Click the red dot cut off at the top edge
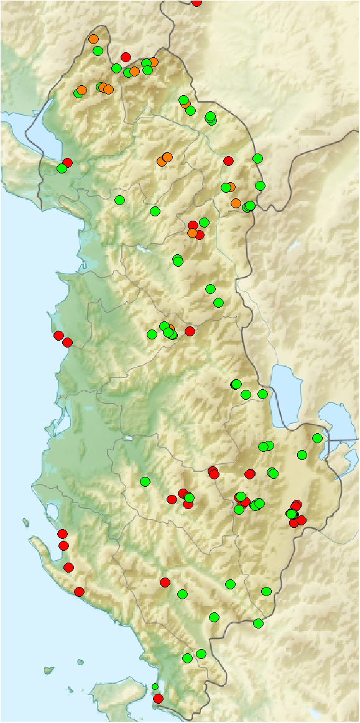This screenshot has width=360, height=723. click(x=196, y=2)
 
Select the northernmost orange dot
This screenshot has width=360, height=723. click(x=93, y=39)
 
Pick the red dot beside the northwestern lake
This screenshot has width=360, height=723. click(x=67, y=162)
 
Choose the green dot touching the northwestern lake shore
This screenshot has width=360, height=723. click(x=62, y=168)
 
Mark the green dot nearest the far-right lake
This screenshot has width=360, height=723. click(x=317, y=438)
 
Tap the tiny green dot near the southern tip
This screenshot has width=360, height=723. click(x=155, y=686)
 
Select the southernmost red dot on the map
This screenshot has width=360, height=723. click(x=158, y=699)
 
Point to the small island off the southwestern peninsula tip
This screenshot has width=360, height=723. click(x=27, y=522)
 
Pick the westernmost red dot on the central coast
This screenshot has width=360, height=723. click(x=58, y=336)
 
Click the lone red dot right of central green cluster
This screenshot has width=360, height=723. click(x=190, y=331)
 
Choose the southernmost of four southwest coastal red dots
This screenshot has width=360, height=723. click(x=79, y=591)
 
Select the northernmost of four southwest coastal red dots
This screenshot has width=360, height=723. click(x=62, y=533)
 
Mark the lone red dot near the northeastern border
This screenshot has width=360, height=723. click(x=228, y=161)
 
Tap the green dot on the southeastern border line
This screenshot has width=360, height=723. click(x=258, y=623)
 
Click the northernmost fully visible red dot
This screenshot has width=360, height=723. click(x=126, y=57)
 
